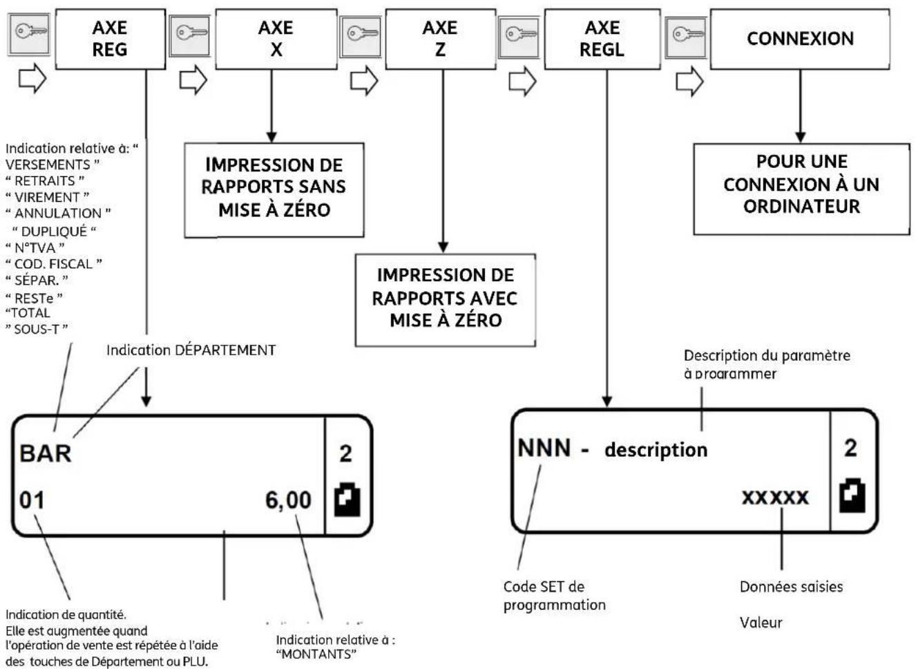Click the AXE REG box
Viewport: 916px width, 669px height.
(x=110, y=39)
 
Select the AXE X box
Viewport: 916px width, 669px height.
(x=276, y=39)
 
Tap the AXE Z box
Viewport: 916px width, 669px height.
(x=440, y=39)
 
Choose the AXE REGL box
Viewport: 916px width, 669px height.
(x=602, y=39)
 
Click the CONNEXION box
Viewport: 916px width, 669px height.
(x=800, y=39)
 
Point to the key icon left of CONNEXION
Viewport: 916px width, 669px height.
(x=685, y=34)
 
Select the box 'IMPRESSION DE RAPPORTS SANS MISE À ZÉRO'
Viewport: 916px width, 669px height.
(x=274, y=187)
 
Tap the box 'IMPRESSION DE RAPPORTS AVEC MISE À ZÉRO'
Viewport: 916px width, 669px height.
(x=445, y=298)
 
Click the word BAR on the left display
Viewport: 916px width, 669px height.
(x=46, y=453)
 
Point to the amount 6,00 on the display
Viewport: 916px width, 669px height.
(x=288, y=500)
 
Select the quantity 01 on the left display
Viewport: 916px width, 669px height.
(x=32, y=500)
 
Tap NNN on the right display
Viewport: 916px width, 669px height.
(x=544, y=448)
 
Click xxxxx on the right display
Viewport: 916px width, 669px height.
(x=775, y=497)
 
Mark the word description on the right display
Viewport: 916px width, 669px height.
(x=656, y=450)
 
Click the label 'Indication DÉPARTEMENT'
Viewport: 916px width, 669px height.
(x=191, y=350)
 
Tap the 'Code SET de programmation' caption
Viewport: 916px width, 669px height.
(x=554, y=596)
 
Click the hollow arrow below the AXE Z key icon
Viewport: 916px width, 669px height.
(x=363, y=80)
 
